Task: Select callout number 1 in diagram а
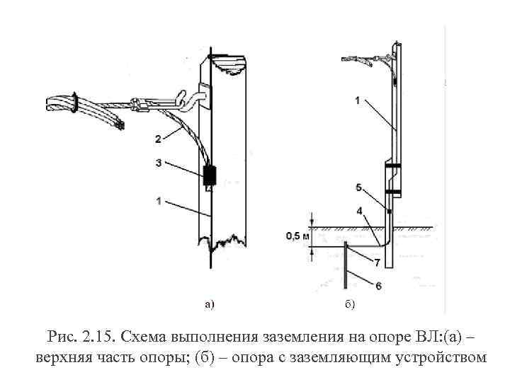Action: tap(158, 202)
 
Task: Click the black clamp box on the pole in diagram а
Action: tap(210, 175)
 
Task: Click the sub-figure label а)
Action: tap(209, 305)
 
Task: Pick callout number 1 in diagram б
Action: tap(358, 101)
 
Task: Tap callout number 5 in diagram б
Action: tap(358, 187)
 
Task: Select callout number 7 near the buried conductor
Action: tap(377, 262)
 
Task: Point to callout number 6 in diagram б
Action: tap(377, 285)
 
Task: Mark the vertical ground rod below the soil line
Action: tap(345, 269)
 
